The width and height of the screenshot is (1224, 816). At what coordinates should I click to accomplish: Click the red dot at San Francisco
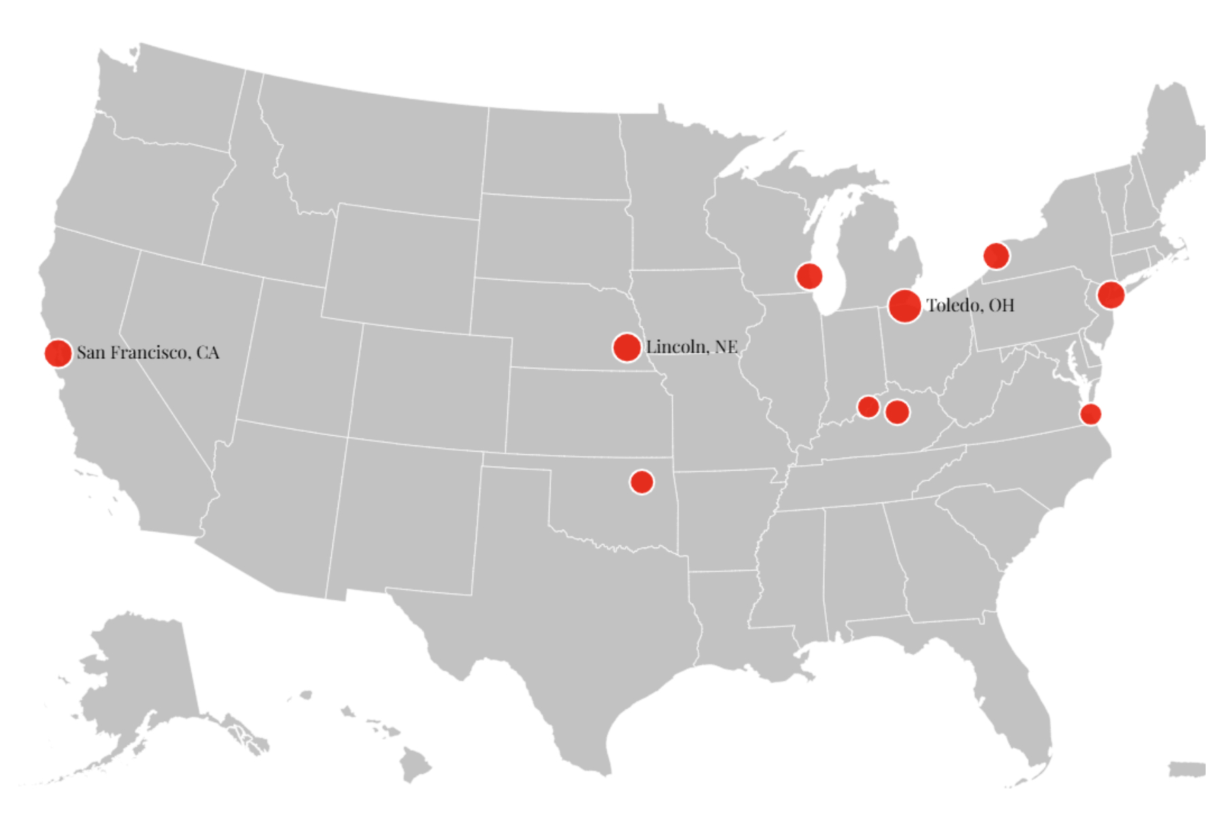click(x=58, y=353)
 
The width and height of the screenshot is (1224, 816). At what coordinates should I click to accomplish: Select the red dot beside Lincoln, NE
click(x=626, y=347)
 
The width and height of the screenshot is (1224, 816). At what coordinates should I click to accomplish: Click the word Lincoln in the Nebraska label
click(x=676, y=347)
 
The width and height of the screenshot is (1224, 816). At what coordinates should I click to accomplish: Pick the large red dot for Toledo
click(x=904, y=305)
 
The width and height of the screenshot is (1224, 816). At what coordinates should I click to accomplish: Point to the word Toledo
click(x=954, y=305)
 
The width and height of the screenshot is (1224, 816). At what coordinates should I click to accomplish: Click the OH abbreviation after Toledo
click(x=1001, y=305)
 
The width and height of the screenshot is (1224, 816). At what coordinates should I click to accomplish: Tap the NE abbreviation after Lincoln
click(x=726, y=347)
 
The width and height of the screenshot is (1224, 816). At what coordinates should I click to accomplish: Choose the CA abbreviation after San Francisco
click(x=207, y=353)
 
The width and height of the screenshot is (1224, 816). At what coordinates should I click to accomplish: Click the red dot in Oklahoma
click(x=641, y=481)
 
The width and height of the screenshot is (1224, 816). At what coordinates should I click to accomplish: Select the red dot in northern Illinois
click(x=809, y=276)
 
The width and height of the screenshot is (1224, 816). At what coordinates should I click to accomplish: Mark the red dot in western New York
click(x=996, y=256)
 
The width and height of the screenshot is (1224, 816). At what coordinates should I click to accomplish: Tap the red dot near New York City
click(x=1110, y=294)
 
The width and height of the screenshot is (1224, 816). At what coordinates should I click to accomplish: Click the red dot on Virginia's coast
click(x=1090, y=413)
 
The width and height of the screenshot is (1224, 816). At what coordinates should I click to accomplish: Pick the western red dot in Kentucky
click(x=868, y=407)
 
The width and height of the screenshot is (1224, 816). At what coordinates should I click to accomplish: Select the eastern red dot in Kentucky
click(x=897, y=411)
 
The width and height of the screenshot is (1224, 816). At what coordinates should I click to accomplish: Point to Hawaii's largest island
click(x=414, y=764)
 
